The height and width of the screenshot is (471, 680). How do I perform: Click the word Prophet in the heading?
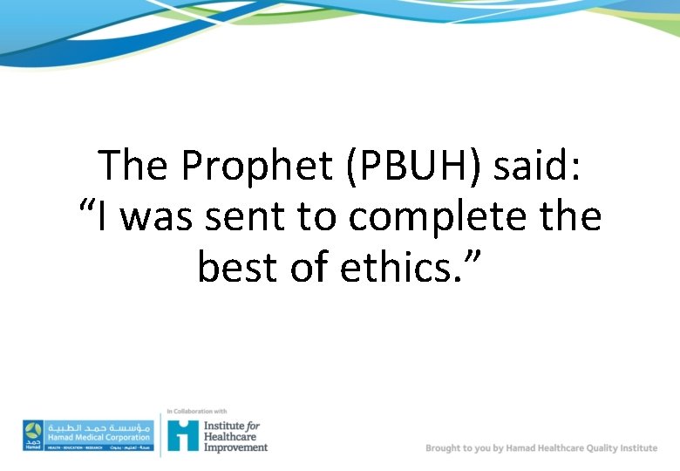(x=257, y=166)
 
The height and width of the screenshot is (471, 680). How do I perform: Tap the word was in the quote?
(x=160, y=216)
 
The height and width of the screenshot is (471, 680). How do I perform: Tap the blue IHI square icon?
(x=182, y=434)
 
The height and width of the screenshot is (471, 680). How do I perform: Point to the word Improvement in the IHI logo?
(x=235, y=447)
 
